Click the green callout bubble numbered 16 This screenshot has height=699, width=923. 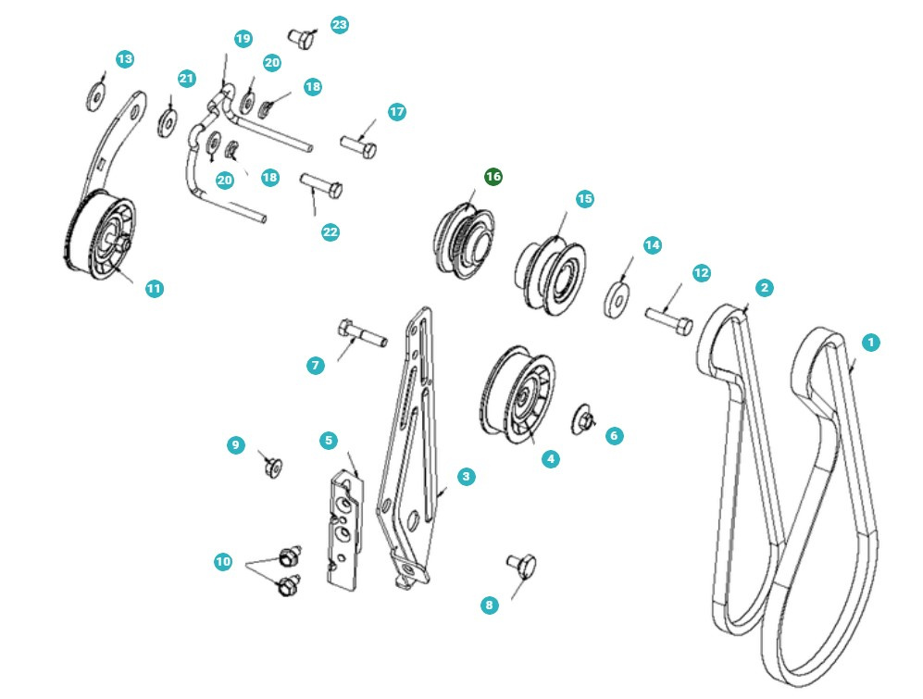493,176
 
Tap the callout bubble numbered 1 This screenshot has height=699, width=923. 869,343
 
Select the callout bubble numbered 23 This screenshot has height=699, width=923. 340,24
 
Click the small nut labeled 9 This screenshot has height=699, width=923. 272,467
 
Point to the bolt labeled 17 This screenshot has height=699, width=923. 357,145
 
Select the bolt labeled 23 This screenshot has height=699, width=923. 301,38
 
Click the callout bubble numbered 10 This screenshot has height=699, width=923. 223,562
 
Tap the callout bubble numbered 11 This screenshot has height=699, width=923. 154,289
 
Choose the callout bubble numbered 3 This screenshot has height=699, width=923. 466,477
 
